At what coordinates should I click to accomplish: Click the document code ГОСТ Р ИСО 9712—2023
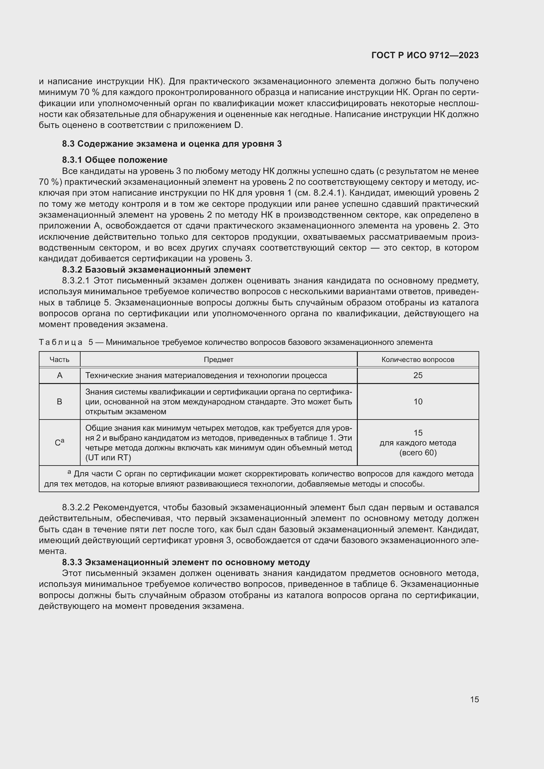tap(425, 56)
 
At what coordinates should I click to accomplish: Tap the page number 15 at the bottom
tap(474, 700)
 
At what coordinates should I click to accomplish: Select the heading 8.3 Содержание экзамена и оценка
tap(172, 144)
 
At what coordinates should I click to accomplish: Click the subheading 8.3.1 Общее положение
tap(114, 160)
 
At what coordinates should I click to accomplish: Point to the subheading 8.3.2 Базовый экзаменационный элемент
tap(156, 270)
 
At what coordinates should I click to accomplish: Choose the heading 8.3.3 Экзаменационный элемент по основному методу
tap(186, 562)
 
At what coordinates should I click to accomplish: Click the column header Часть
tap(59, 360)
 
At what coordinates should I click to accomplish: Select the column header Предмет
tap(218, 360)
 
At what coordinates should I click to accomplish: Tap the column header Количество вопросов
tap(418, 360)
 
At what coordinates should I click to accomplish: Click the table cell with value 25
tap(418, 375)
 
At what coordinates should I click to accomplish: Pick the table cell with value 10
tap(418, 401)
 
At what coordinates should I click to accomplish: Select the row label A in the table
tap(60, 375)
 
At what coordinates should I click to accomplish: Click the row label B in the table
tap(60, 401)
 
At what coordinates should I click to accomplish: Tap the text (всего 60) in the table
tap(418, 453)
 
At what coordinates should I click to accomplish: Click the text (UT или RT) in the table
tap(108, 458)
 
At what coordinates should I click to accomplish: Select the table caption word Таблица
tap(61, 342)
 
